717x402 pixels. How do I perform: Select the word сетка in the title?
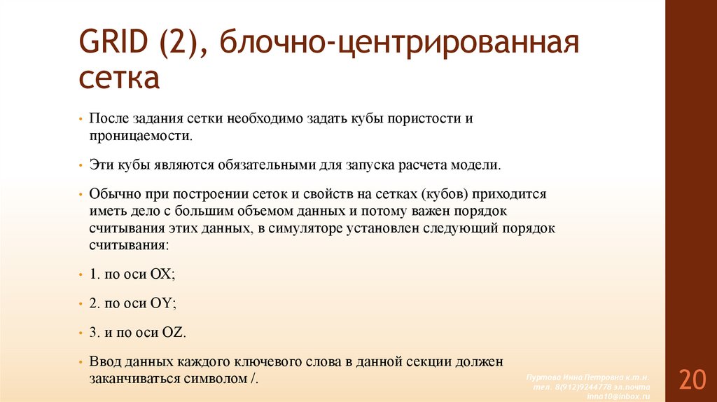click(119, 78)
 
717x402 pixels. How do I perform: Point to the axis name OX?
click(161, 275)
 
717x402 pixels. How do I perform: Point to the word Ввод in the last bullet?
click(106, 362)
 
